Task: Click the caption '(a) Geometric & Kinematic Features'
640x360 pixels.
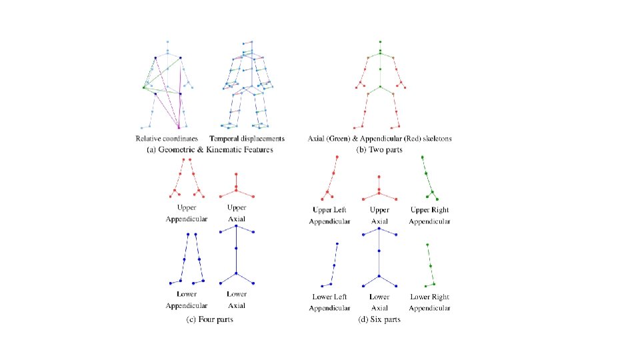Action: pos(209,151)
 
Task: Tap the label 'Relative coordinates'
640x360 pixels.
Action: pos(167,139)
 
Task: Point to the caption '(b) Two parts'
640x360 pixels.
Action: pos(379,151)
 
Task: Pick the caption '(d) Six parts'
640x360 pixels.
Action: pos(379,321)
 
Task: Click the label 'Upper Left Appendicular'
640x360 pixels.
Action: pos(329,215)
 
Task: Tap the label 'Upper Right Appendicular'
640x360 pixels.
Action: pos(430,215)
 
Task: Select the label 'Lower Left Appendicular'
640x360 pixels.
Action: pos(329,302)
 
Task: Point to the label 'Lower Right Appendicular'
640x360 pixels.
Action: pos(430,302)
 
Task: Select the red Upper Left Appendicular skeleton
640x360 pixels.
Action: pos(331,179)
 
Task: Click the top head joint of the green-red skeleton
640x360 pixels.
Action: pos(380,41)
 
